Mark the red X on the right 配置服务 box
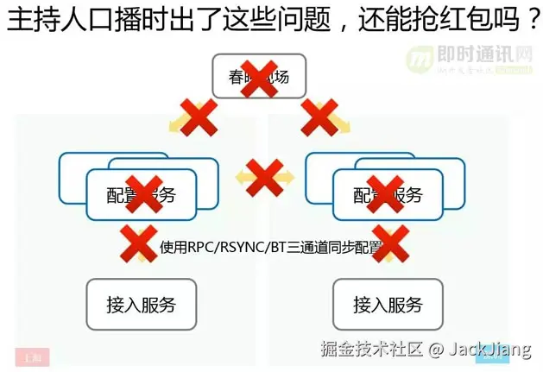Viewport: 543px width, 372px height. [x=386, y=194]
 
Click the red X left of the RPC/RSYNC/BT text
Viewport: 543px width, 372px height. [x=139, y=243]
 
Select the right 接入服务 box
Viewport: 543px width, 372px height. [x=388, y=305]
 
